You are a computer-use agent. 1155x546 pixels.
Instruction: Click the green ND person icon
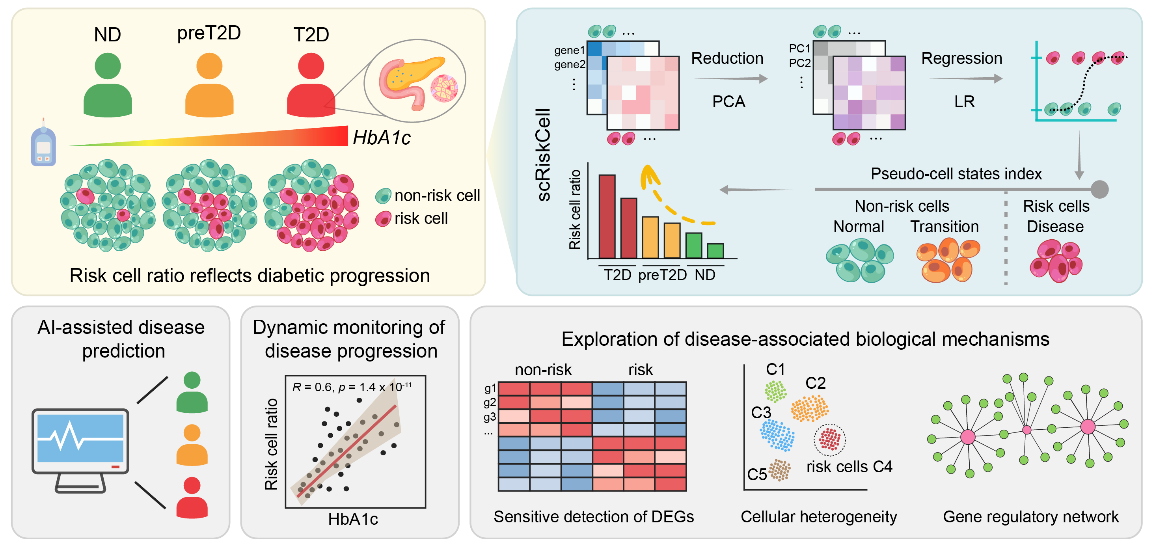tap(108, 85)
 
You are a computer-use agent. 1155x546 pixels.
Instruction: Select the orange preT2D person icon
tap(209, 85)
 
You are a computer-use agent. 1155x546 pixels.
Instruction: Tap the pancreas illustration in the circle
tap(410, 81)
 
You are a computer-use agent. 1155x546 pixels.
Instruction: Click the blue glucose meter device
tap(43, 146)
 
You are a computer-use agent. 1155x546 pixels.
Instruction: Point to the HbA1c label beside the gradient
tap(382, 138)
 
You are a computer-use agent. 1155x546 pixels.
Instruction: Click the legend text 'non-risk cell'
tap(437, 196)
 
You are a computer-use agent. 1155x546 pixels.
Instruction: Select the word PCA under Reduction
tap(728, 102)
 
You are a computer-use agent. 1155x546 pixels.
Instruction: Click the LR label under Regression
tap(964, 102)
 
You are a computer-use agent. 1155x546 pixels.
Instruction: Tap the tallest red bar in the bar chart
tap(607, 216)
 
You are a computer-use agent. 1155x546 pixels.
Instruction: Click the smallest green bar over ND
tap(715, 251)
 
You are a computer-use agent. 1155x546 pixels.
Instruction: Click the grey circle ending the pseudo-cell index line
tap(1099, 189)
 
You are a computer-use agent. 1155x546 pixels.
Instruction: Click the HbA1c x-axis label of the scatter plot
tap(353, 519)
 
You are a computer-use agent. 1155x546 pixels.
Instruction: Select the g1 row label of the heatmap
tap(490, 388)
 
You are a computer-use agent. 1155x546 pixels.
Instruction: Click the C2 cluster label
tap(815, 383)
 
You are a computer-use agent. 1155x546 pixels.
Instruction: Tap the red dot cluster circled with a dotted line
tap(829, 439)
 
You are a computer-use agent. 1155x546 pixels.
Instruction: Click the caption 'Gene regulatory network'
tap(1030, 517)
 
